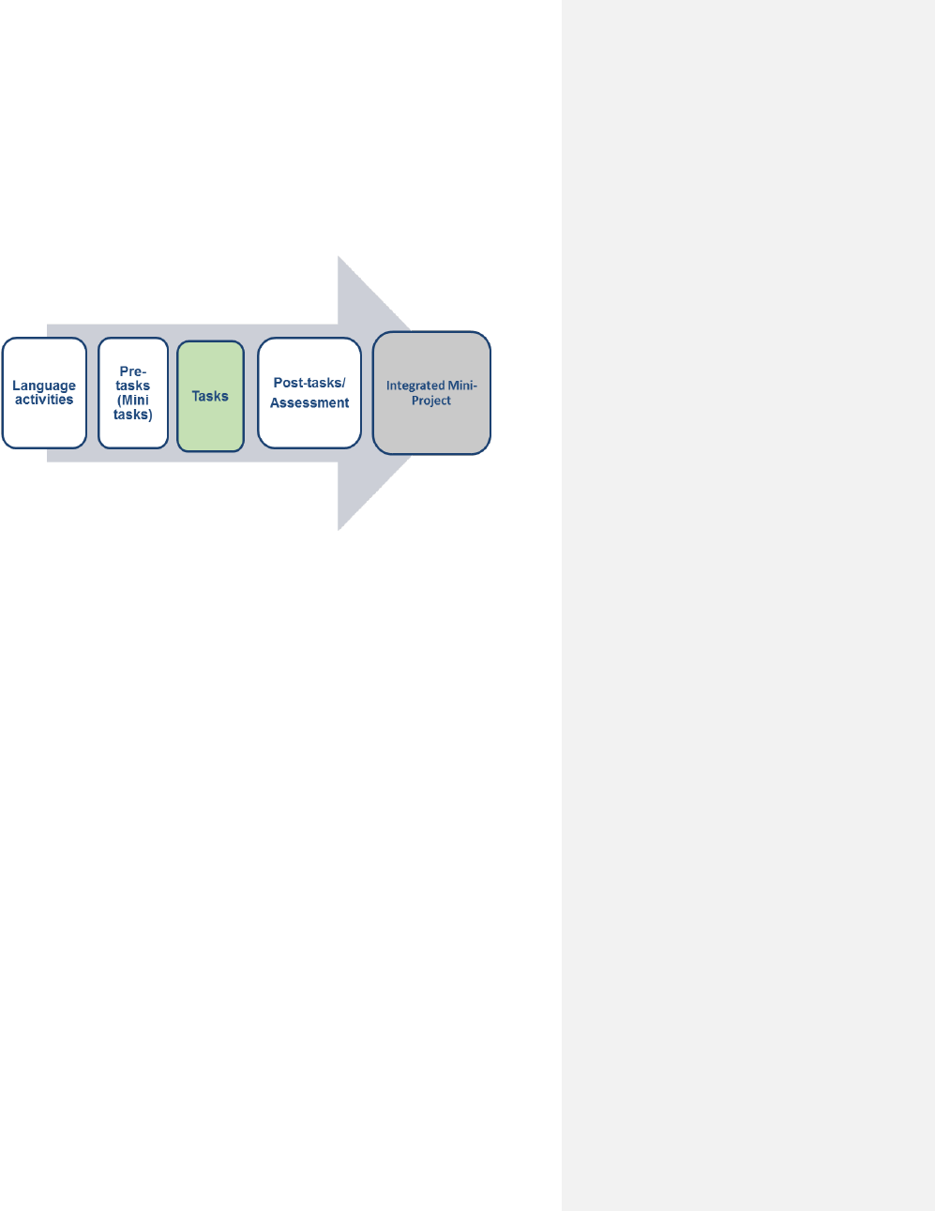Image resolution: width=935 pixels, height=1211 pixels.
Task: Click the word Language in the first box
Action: pos(44,386)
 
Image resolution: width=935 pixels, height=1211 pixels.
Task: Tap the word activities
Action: pos(44,400)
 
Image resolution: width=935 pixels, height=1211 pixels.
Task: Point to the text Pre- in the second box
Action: pos(133,371)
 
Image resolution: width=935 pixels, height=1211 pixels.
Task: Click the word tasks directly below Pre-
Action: pos(133,386)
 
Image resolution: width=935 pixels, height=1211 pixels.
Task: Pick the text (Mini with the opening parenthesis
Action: pos(133,400)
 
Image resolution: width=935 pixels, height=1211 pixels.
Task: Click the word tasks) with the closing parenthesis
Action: pos(133,414)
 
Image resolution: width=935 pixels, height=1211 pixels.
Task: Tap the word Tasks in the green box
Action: pos(210,396)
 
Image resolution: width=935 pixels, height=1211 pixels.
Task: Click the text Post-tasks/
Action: pos(309,383)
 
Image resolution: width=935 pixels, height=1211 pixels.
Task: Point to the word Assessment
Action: pos(309,403)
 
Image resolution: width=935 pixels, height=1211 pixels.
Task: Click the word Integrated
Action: pos(415,386)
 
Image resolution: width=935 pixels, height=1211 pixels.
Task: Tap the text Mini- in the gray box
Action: pos(460,386)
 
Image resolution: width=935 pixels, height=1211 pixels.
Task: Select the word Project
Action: pos(431,401)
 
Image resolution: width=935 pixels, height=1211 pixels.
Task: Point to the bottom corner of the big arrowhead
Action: pos(339,528)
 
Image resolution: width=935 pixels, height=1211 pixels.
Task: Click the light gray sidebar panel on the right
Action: pos(747,657)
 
